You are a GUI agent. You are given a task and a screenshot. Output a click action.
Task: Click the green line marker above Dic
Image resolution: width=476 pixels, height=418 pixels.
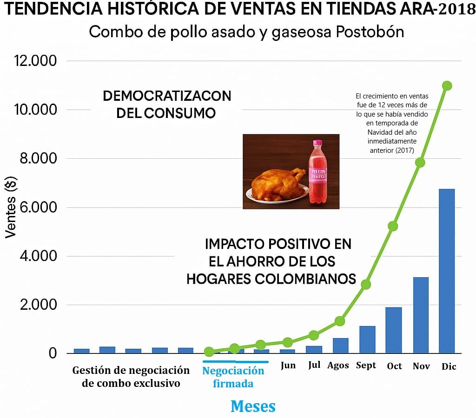pos(447,85)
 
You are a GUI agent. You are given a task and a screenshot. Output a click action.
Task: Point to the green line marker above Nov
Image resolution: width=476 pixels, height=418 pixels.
pos(420,162)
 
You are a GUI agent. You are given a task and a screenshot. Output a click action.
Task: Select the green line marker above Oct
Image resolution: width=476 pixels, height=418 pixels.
pos(393,226)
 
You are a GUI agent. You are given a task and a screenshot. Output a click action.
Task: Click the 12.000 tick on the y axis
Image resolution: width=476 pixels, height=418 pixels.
pos(35,61)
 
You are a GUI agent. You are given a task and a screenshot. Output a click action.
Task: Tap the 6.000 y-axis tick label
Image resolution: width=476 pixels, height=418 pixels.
pos(35,207)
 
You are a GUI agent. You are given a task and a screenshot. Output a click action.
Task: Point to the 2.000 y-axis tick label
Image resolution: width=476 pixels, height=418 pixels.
pos(35,305)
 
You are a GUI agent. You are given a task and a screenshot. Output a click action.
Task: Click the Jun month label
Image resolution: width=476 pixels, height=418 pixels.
pos(288,365)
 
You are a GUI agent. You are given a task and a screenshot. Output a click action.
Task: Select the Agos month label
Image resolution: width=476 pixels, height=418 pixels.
pos(338,366)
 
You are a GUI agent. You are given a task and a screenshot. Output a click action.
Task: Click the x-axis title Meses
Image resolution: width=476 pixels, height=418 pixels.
pos(253,406)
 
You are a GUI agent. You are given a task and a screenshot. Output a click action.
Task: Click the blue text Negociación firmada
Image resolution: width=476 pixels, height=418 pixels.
pos(233,377)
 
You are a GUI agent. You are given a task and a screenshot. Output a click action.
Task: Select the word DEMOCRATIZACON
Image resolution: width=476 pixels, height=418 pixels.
pos(167,96)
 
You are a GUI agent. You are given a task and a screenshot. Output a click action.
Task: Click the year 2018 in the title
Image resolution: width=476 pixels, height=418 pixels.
pos(456,11)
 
